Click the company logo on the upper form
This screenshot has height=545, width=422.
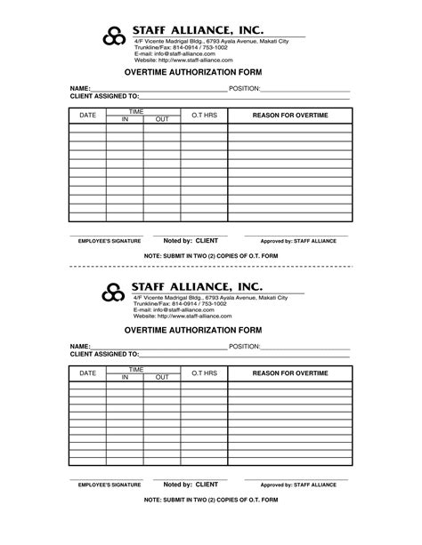pos(113,36)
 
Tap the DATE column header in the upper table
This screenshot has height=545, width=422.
pos(87,116)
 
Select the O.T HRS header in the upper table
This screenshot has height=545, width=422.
pos(204,116)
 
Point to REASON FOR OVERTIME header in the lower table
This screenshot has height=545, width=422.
pos(290,373)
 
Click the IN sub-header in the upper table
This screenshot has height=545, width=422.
pos(125,119)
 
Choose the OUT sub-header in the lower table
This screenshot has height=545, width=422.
pos(161,377)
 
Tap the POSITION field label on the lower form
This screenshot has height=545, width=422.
pos(244,346)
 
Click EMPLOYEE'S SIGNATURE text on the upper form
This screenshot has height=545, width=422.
pos(110,241)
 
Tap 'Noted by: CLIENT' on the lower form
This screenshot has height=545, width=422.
pos(191,485)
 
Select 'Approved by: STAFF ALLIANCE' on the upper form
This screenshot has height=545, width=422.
pos(298,241)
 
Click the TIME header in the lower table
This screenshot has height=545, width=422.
pos(137,368)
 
